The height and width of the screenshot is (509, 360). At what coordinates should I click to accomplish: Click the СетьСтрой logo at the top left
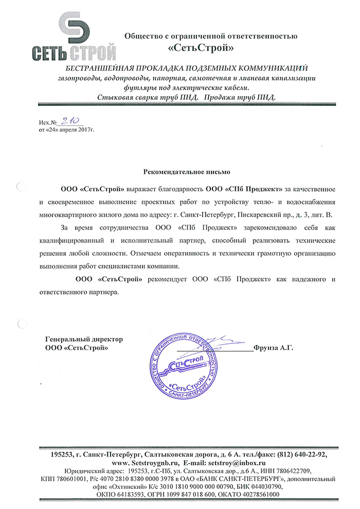point(74,35)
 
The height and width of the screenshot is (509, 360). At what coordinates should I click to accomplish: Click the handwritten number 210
point(67,121)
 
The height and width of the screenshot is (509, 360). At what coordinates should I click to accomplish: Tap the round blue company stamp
point(181,368)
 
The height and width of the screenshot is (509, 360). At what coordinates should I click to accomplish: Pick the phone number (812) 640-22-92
point(299,455)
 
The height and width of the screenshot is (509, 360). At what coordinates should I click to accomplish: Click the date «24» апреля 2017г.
point(67,130)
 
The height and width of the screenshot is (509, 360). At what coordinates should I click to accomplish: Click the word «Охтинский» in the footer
point(117,486)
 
